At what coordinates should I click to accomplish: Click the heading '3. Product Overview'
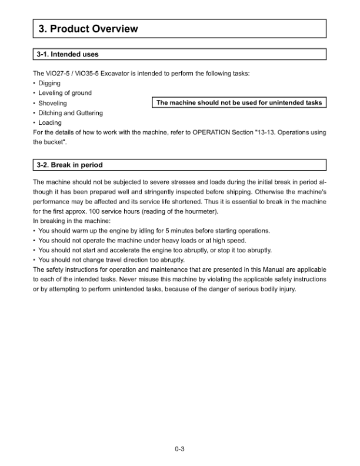tap(88, 29)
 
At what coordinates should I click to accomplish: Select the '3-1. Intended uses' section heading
tap(67, 55)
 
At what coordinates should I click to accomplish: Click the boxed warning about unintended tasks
tap(239, 103)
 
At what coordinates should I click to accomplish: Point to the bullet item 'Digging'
tap(49, 83)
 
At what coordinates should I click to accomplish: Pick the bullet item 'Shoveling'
tap(52, 103)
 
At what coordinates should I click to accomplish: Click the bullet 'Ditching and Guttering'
tap(70, 113)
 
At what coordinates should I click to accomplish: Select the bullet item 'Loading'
tap(50, 123)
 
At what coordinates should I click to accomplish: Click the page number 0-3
tap(180, 450)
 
